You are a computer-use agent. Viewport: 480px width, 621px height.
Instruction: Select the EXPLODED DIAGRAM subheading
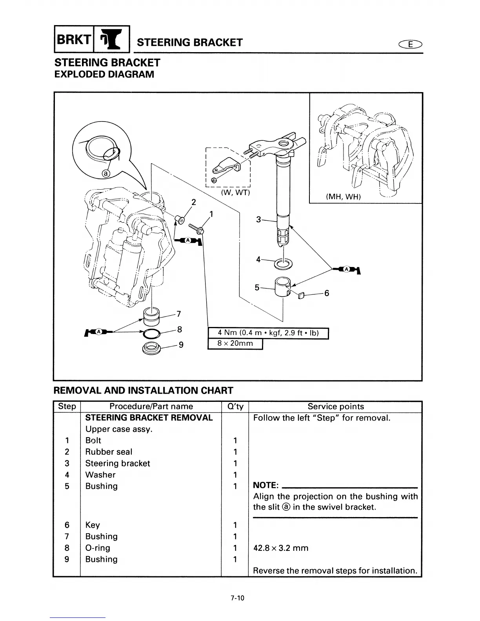pos(104,74)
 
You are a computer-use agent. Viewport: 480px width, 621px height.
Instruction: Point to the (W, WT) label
pos(235,193)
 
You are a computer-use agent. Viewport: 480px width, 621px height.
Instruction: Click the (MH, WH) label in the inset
pos(343,196)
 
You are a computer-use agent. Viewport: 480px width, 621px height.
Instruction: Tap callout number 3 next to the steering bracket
pos(258,220)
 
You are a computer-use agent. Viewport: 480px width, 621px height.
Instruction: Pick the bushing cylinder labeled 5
pos(283,287)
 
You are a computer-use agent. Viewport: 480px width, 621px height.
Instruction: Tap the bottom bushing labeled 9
pos(152,347)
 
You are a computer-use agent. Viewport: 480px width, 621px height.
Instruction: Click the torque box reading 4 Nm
pos(268,333)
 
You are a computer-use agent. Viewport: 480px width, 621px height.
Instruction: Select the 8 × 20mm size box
pos(235,343)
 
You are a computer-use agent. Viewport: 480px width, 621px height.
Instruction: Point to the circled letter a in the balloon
pos(106,173)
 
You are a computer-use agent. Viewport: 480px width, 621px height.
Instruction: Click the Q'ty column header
pos(235,407)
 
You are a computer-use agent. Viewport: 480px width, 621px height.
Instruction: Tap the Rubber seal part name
pos(109,452)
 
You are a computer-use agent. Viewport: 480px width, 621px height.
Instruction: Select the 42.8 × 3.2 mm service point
pos(281,548)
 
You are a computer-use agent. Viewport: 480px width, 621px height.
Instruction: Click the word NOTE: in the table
pos(266,486)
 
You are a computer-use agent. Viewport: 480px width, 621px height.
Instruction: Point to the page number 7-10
pos(237,598)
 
